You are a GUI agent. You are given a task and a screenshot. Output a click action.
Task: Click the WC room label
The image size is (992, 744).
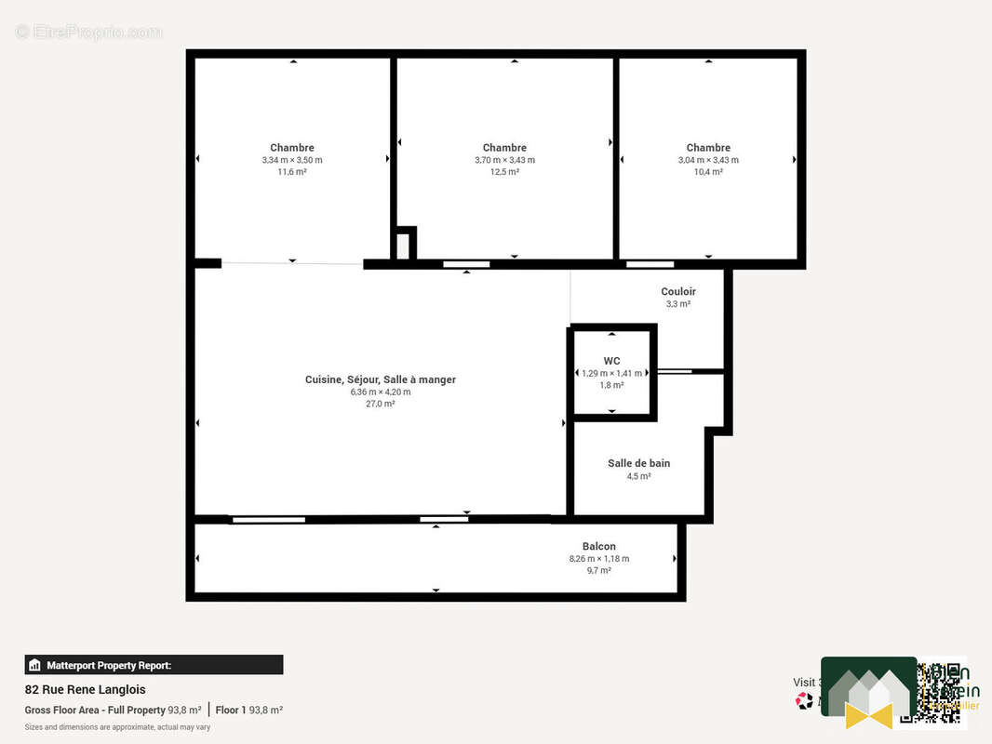click(611, 361)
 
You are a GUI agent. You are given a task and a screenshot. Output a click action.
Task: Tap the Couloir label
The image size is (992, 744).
click(678, 292)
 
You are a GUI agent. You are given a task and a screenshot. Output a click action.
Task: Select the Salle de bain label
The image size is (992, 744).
click(638, 463)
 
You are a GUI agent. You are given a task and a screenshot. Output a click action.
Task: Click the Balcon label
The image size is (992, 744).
click(598, 547)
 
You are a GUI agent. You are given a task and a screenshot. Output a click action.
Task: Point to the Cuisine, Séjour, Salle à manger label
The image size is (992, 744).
click(381, 379)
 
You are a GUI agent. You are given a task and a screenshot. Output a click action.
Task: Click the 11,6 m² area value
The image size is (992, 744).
click(292, 172)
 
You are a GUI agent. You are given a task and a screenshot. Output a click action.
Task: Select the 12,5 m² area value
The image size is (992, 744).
click(504, 172)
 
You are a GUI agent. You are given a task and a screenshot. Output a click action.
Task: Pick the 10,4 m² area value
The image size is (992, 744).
click(708, 172)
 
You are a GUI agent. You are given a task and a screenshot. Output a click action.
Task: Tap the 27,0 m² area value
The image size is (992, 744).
click(381, 404)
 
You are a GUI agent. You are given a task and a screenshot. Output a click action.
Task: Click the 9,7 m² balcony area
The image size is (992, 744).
click(598, 570)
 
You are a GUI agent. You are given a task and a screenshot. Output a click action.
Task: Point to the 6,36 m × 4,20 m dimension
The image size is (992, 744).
click(381, 392)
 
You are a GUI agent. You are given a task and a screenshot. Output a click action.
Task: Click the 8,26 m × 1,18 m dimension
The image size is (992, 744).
click(598, 559)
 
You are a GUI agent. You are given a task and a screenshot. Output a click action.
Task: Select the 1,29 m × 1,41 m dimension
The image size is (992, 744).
click(611, 373)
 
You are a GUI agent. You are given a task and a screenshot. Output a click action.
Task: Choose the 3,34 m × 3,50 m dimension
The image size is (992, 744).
click(292, 160)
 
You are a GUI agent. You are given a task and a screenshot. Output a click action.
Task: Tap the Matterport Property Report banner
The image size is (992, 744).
click(154, 665)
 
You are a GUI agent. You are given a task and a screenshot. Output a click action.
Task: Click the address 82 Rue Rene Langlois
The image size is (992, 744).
click(85, 690)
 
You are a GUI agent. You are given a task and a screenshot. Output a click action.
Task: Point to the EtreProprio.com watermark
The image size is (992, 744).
click(89, 33)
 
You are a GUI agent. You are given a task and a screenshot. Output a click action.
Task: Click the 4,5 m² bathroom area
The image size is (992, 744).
click(638, 476)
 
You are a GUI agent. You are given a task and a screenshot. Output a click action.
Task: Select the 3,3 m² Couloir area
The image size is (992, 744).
click(678, 304)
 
